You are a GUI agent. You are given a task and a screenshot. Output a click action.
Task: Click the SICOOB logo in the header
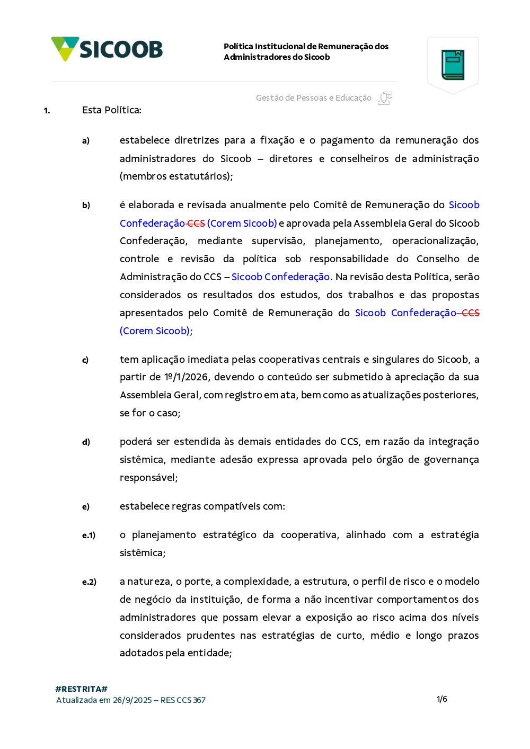click(107, 49)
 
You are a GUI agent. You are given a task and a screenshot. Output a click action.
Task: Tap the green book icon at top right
click(453, 65)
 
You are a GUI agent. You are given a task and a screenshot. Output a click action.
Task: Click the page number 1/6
click(442, 699)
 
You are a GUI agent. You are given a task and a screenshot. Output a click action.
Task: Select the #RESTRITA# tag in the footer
click(81, 689)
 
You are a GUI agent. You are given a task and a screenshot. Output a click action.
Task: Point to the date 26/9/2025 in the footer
click(132, 700)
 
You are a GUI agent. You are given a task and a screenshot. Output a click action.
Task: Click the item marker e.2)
click(89, 582)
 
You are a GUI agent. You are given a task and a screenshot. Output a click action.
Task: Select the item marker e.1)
click(89, 536)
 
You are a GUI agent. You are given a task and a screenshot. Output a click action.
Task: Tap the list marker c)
click(85, 360)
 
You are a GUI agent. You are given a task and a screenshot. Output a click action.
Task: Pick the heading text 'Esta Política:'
click(112, 110)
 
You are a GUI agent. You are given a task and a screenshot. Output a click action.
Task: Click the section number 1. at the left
click(47, 111)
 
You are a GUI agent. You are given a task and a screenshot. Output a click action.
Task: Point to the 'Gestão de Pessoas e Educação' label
click(313, 98)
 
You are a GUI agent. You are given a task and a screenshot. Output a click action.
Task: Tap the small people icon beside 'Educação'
click(385, 98)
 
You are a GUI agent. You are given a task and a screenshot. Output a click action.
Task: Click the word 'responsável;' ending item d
click(148, 478)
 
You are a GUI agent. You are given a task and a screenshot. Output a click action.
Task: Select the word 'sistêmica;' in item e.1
click(143, 553)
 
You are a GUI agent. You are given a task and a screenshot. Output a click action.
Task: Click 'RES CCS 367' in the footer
click(183, 700)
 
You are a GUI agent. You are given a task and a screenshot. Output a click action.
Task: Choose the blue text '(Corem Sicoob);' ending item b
click(156, 331)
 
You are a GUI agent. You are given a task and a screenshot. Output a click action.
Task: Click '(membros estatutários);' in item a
click(176, 176)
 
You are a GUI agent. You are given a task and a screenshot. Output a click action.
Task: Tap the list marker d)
click(86, 442)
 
